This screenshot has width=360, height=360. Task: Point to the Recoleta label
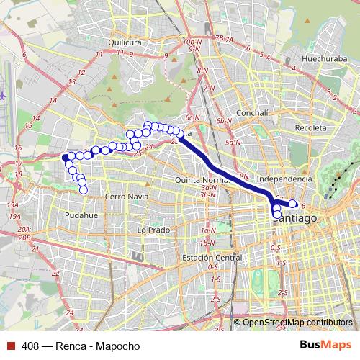[x=310, y=127]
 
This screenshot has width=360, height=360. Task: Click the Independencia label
[x=284, y=178]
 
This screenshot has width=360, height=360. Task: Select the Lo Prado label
[x=152, y=230]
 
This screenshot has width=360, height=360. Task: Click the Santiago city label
[x=297, y=217]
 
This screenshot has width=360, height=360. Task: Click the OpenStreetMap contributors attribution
[x=297, y=323]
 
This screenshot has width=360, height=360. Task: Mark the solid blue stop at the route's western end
[x=65, y=157]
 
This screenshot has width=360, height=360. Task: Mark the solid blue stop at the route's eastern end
[x=294, y=204]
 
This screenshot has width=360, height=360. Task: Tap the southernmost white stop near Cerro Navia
[x=83, y=190]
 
